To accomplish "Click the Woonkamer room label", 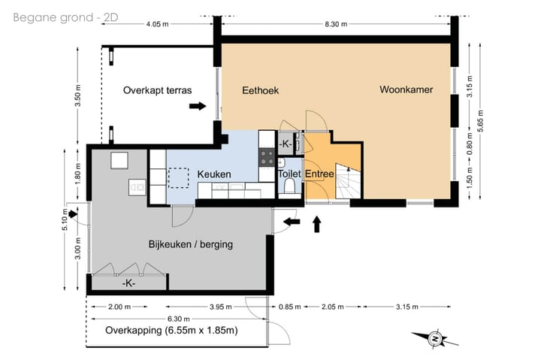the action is click(x=406, y=89).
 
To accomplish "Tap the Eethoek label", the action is click(x=260, y=91).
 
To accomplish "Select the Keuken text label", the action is click(x=214, y=174).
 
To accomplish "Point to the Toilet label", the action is click(x=289, y=174).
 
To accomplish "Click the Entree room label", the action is click(x=319, y=174).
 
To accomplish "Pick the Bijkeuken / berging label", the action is click(x=190, y=244).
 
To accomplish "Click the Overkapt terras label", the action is click(x=157, y=90).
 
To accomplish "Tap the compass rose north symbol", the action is click(x=435, y=339).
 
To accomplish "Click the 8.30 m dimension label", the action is click(x=336, y=24).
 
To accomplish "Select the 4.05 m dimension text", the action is click(x=157, y=24).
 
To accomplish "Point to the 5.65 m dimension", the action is click(x=480, y=120).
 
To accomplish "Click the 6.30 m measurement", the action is click(x=179, y=319).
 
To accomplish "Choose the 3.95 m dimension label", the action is click(x=220, y=307).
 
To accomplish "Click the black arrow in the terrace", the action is click(x=198, y=106).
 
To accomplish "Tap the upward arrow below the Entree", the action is click(x=317, y=225).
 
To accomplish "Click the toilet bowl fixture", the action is click(x=289, y=187).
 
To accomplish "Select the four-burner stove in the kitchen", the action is click(x=267, y=157).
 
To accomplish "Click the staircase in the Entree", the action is click(x=348, y=182).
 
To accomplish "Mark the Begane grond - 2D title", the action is click(x=65, y=17).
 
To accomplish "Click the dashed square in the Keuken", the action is click(x=178, y=178).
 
